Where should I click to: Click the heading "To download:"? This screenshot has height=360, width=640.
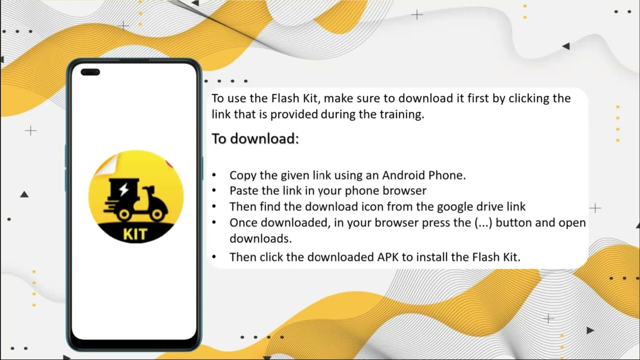click(x=255, y=138)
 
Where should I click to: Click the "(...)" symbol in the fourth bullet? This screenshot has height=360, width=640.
click(x=483, y=222)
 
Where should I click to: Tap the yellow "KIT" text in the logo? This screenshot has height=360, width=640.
click(x=134, y=234)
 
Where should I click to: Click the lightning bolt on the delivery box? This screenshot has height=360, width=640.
click(x=123, y=189)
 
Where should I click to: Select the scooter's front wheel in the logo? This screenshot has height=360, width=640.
click(x=157, y=214)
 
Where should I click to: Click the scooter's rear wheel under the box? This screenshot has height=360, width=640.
click(x=123, y=214)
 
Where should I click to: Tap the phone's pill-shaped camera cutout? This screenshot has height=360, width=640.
click(x=90, y=72)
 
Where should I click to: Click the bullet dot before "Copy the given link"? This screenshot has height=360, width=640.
click(x=214, y=175)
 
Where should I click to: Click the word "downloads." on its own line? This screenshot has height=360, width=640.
click(x=260, y=238)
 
